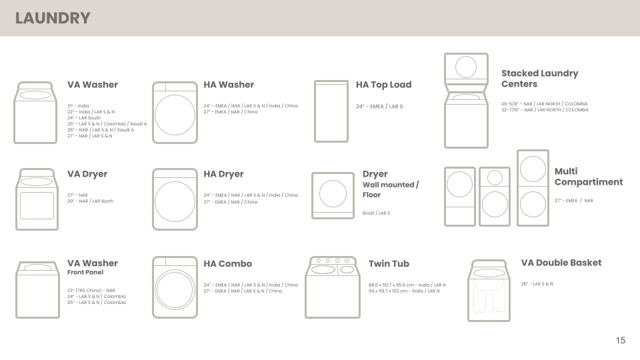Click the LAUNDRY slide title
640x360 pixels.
coord(53,18)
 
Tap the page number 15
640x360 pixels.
coord(620,341)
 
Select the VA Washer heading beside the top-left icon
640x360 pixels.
coord(92,85)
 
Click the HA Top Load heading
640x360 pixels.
coord(383,85)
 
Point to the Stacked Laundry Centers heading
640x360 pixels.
coord(539,79)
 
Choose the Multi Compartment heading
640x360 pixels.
coord(588,177)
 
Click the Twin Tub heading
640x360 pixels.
coord(389,263)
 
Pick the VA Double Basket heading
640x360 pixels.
coord(561,263)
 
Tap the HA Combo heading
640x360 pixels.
coord(227,263)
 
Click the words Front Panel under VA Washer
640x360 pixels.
coord(85,272)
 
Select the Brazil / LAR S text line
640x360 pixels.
coord(376,213)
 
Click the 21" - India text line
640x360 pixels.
coord(78,106)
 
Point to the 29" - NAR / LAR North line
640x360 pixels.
coord(90,201)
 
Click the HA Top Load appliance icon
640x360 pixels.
coord(331,111)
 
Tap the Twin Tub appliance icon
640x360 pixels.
coord(333,287)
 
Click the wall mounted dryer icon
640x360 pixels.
coord(333,195)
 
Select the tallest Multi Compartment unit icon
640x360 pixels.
coord(533,187)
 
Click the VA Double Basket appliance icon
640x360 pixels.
coord(489,291)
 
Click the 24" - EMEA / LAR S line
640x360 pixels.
coord(379,107)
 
